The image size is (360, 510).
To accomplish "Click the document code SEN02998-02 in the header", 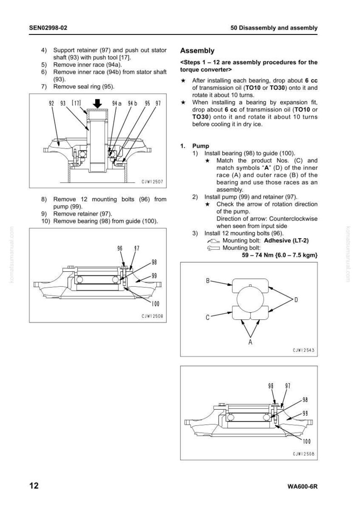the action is [48, 28].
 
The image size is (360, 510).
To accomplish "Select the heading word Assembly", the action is [197, 51].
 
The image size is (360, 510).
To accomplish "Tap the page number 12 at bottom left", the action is [34, 485].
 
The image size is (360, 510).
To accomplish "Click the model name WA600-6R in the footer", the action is [302, 487].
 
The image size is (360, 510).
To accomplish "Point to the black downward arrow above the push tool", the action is [97, 103].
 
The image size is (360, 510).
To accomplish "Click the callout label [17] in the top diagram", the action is [76, 103].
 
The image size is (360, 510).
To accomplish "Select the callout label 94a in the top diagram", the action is [117, 103].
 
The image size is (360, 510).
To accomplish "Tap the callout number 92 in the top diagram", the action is [51, 103].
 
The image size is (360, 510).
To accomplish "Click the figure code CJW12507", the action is [152, 182].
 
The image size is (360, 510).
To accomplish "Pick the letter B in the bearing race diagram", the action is [208, 281].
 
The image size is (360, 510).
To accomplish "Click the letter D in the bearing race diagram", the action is [296, 300].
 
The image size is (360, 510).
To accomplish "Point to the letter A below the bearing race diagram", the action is [250, 342].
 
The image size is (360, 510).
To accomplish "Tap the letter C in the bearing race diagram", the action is [208, 318].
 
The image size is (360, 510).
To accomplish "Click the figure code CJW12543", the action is [303, 350].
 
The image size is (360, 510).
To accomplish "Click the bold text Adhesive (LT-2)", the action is [286, 240].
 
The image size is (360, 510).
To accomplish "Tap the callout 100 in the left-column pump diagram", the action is [156, 304].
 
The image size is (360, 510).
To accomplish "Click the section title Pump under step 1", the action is [200, 146].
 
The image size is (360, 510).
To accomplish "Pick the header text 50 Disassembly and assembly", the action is [274, 28].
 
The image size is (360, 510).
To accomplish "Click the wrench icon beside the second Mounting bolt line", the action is [213, 248].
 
